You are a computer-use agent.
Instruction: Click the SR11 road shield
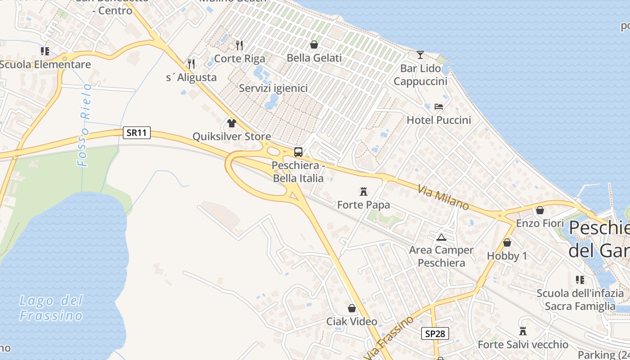pyautogui.click(x=137, y=133)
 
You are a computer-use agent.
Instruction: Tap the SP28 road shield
pyautogui.click(x=435, y=333)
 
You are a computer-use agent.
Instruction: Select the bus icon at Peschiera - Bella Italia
pyautogui.click(x=298, y=152)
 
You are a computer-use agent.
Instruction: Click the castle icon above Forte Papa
pyautogui.click(x=364, y=192)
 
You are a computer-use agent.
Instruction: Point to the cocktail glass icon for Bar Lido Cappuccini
pyautogui.click(x=420, y=55)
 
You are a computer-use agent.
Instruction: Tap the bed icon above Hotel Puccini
pyautogui.click(x=439, y=107)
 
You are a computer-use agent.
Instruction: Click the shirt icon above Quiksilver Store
pyautogui.click(x=232, y=123)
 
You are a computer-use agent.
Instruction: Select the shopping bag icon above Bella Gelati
pyautogui.click(x=314, y=45)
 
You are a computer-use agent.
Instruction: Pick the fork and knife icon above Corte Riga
pyautogui.click(x=239, y=45)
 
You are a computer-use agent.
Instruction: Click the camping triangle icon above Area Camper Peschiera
pyautogui.click(x=441, y=237)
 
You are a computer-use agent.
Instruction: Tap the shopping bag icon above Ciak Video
pyautogui.click(x=352, y=308)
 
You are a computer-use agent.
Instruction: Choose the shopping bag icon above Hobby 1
pyautogui.click(x=507, y=243)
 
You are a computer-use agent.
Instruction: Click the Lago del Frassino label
pyautogui.click(x=51, y=308)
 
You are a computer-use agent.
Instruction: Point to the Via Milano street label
pyautogui.click(x=443, y=198)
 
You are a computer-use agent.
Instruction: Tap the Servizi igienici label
pyautogui.click(x=273, y=88)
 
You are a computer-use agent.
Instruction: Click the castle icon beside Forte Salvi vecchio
pyautogui.click(x=523, y=331)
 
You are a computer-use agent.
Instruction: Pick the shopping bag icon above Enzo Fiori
pyautogui.click(x=540, y=210)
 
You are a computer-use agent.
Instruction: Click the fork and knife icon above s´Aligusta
pyautogui.click(x=191, y=63)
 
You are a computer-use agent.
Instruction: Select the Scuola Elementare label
pyautogui.click(x=45, y=64)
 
